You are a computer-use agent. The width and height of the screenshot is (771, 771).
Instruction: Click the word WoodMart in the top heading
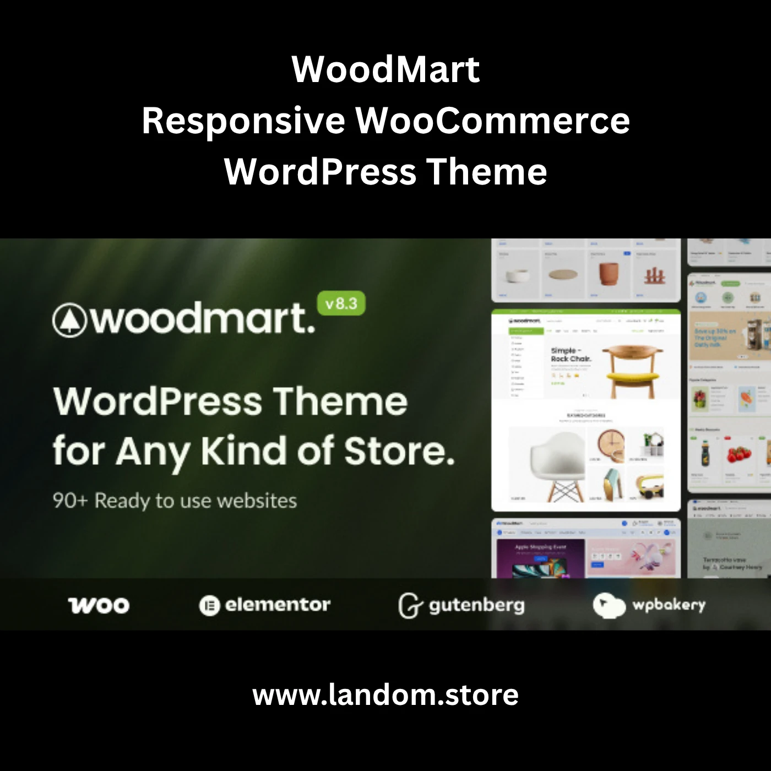[385, 69]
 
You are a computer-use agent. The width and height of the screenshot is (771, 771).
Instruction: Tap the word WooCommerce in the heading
[492, 121]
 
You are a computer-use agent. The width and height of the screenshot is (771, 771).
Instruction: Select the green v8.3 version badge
[341, 303]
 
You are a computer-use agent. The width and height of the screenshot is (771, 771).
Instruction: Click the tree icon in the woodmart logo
[69, 320]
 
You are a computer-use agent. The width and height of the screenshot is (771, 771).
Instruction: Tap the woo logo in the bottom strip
[99, 605]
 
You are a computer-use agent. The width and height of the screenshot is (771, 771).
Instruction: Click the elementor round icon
[209, 605]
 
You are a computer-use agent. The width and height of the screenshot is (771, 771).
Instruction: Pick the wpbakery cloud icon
[609, 605]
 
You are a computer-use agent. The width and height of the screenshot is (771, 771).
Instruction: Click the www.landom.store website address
[385, 695]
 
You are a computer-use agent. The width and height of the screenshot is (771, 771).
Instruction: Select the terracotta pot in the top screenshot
[608, 274]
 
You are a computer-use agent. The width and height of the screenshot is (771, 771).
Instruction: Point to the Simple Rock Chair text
[571, 354]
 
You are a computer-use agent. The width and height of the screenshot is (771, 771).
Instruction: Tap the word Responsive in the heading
[243, 121]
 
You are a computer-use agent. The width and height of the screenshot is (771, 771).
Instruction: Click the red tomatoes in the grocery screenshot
[738, 454]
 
